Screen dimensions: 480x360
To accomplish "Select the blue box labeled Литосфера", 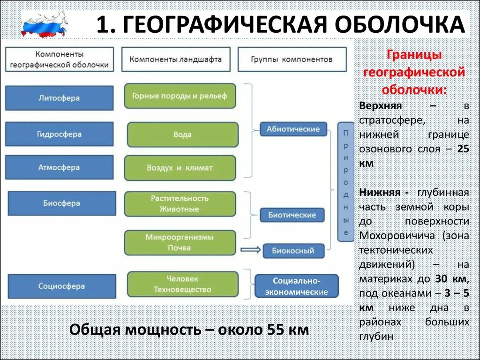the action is pyautogui.click(x=59, y=98).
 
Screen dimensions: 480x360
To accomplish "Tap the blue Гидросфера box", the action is pyautogui.click(x=59, y=134).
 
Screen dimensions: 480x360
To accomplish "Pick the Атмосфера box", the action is pyautogui.click(x=59, y=167).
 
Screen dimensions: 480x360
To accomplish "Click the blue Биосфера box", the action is pyautogui.click(x=62, y=203).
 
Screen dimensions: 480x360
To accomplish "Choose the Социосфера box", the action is pyautogui.click(x=62, y=286).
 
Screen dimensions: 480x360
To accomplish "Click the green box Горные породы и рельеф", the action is pyautogui.click(x=180, y=96).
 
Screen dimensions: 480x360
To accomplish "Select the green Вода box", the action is pyautogui.click(x=182, y=135).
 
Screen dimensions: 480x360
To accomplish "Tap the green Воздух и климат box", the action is pyautogui.click(x=180, y=168).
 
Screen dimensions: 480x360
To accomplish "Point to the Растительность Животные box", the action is pyautogui.click(x=180, y=204).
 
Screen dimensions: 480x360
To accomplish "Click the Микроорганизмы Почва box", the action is pyautogui.click(x=180, y=242).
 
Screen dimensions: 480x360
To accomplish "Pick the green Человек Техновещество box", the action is pyautogui.click(x=182, y=285).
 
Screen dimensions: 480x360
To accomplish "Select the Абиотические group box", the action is pyautogui.click(x=293, y=129).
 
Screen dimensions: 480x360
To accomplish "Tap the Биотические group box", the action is pyautogui.click(x=292, y=215).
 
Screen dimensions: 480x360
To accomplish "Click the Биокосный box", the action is pyautogui.click(x=293, y=251).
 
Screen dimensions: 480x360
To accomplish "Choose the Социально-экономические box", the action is pyautogui.click(x=296, y=286).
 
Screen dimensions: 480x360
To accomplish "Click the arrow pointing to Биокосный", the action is pyautogui.click(x=250, y=249).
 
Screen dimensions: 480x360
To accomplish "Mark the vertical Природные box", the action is pyautogui.click(x=345, y=182).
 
